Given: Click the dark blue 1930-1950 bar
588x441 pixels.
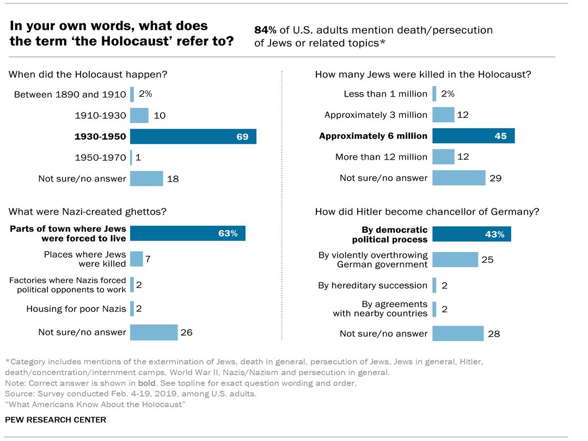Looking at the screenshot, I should pyautogui.click(x=193, y=136).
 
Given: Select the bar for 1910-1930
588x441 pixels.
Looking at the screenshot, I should pyautogui.click(x=139, y=116).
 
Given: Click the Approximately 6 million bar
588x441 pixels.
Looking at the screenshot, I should pyautogui.click(x=473, y=136).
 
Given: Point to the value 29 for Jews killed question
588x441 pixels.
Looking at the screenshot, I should pyautogui.click(x=495, y=178).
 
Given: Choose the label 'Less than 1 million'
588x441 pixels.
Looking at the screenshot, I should pyautogui.click(x=385, y=94).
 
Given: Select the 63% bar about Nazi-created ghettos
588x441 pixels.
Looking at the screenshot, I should pyautogui.click(x=187, y=233).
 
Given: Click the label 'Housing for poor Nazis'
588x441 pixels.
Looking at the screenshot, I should pyautogui.click(x=76, y=309).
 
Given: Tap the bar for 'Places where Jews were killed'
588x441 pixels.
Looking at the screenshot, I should pyautogui.click(x=136, y=259).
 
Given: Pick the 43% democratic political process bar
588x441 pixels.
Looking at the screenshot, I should pyautogui.click(x=471, y=234).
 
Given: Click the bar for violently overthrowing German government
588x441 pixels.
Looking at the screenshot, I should pyautogui.click(x=455, y=259).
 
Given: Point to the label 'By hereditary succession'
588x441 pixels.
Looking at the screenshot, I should pyautogui.click(x=372, y=285).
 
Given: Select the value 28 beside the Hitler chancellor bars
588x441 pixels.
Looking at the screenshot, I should pyautogui.click(x=494, y=334).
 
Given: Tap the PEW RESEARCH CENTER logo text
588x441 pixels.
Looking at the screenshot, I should pyautogui.click(x=55, y=420).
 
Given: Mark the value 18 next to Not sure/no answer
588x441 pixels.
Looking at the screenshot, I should pyautogui.click(x=173, y=178).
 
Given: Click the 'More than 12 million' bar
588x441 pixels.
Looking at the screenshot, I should pyautogui.click(x=443, y=157).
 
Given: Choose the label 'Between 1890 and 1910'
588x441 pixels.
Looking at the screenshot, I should pyautogui.click(x=70, y=94).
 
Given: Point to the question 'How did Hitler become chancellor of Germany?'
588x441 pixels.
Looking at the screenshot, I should pyautogui.click(x=427, y=212).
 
